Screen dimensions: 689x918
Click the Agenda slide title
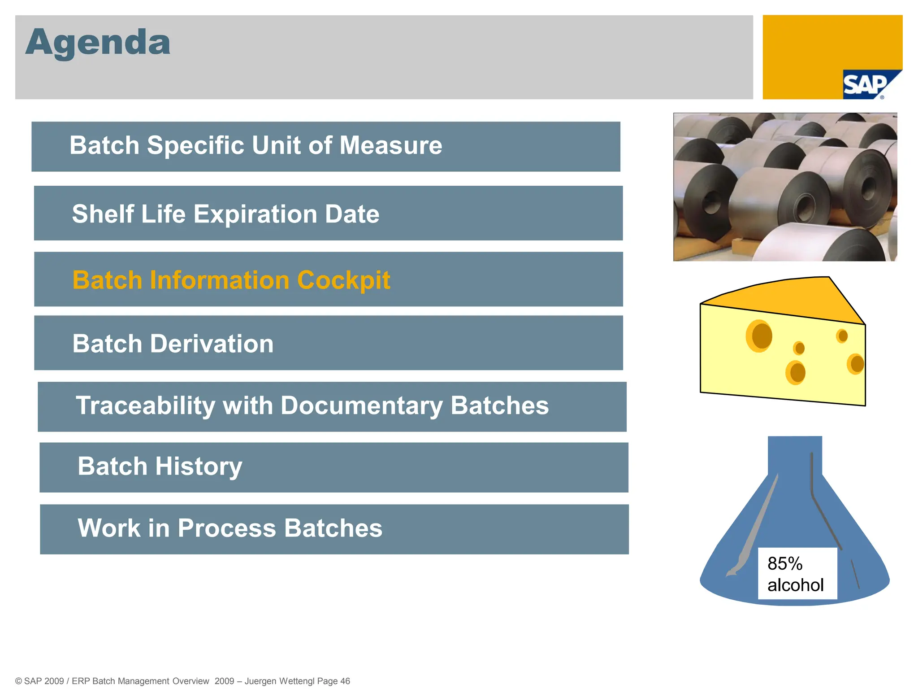coord(98,42)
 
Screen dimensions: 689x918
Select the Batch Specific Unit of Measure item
coord(255,146)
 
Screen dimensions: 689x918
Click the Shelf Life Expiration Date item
coord(225,214)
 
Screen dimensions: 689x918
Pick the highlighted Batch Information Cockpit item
coord(231,280)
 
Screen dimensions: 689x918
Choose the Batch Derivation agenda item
coord(173,344)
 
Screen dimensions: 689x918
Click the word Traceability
coord(146,406)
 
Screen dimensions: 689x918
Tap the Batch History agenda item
coord(160,467)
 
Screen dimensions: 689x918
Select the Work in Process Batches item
coord(230,528)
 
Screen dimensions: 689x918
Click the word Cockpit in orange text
coord(343,280)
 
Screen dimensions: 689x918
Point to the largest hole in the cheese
coord(759,336)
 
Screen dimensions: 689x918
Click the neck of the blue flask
coord(794,455)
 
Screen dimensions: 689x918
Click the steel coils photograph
coord(785,187)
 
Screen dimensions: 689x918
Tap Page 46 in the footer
coord(333,681)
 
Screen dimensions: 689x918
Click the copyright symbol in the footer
coord(18,681)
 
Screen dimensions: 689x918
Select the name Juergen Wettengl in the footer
coord(279,681)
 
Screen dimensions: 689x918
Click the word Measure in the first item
coord(390,146)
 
